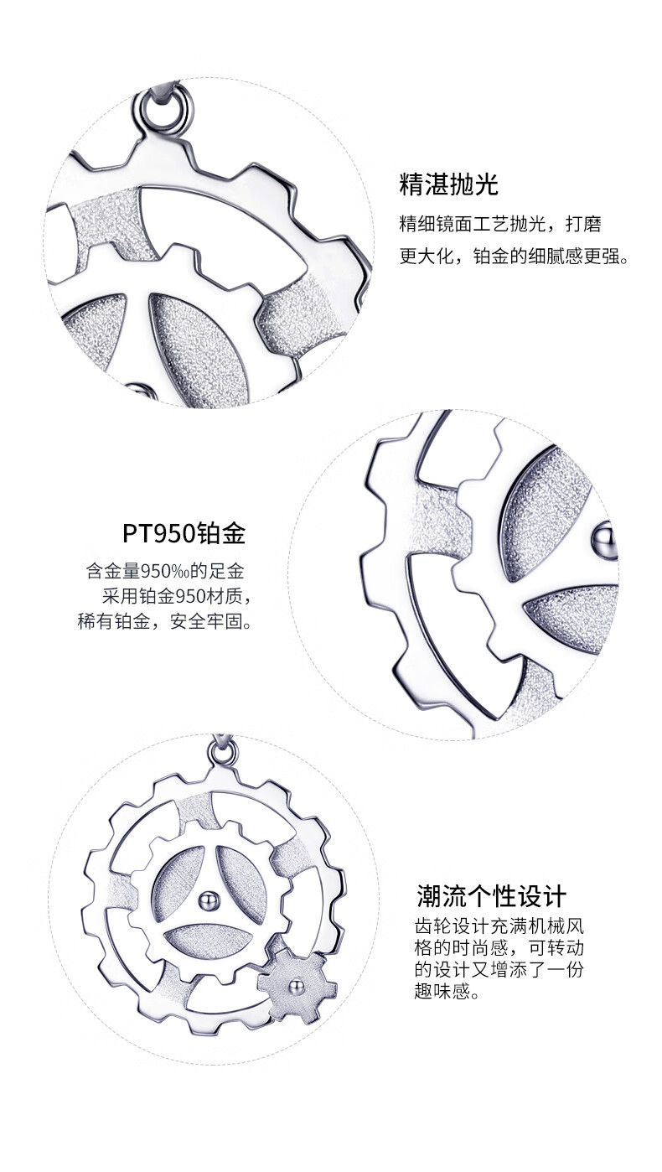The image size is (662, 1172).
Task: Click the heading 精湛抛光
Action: click(x=448, y=184)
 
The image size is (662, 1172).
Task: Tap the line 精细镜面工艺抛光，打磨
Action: click(x=500, y=225)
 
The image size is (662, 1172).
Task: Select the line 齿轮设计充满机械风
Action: click(x=498, y=927)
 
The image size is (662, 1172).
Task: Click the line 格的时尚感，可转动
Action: click(x=498, y=949)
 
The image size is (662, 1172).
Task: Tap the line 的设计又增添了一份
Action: click(x=498, y=971)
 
